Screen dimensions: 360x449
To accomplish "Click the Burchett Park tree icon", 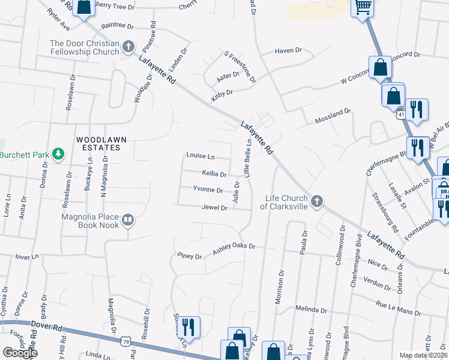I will point(58,154).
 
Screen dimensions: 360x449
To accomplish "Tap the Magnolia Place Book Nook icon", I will point(127,221).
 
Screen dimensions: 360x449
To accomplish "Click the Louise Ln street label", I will point(200,156).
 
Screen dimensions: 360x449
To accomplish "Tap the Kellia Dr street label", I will point(214,174).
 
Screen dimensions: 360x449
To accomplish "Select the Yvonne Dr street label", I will point(208,190).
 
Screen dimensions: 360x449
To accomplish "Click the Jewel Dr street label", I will point(214,208).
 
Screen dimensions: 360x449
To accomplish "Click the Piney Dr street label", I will point(190,256).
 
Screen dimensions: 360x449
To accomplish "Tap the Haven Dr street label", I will point(288,51).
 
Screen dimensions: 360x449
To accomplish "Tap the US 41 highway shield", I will point(400,114).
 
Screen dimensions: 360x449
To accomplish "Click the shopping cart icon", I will point(363,7).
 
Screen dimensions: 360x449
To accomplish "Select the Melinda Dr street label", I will point(312,310).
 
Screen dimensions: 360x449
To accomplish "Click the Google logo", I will point(20,353).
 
